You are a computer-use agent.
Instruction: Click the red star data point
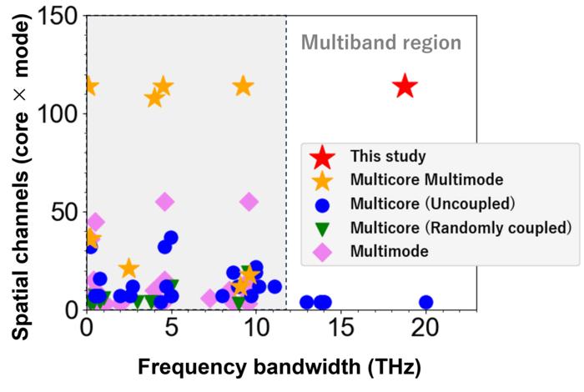[405, 86]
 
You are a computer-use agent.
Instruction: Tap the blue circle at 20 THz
[425, 302]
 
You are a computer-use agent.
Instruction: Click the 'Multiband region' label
[381, 42]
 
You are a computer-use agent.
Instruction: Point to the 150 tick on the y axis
[58, 17]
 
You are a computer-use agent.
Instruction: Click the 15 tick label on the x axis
[340, 328]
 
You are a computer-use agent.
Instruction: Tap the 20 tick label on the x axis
[425, 328]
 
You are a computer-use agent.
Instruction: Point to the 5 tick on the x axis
[171, 328]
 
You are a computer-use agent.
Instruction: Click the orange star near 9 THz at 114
[243, 86]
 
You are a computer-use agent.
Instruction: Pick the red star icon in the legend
[323, 156]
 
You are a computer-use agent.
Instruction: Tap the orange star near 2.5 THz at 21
[128, 268]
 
